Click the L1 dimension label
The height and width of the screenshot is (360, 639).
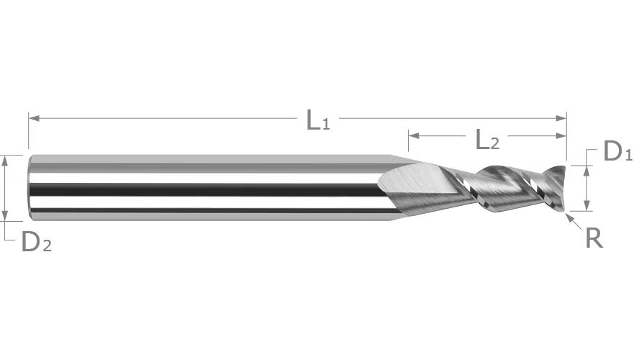coord(318,120)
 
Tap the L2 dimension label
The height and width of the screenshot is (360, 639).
coord(487,139)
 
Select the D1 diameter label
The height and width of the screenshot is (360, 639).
coord(618,151)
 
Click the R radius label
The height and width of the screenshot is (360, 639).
coord(594,238)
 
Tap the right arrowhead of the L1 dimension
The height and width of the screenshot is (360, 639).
coord(561,118)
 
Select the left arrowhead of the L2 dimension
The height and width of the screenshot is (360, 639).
coord(414,136)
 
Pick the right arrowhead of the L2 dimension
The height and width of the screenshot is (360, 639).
coord(561,136)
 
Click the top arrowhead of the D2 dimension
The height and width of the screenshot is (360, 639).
coord(5,161)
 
